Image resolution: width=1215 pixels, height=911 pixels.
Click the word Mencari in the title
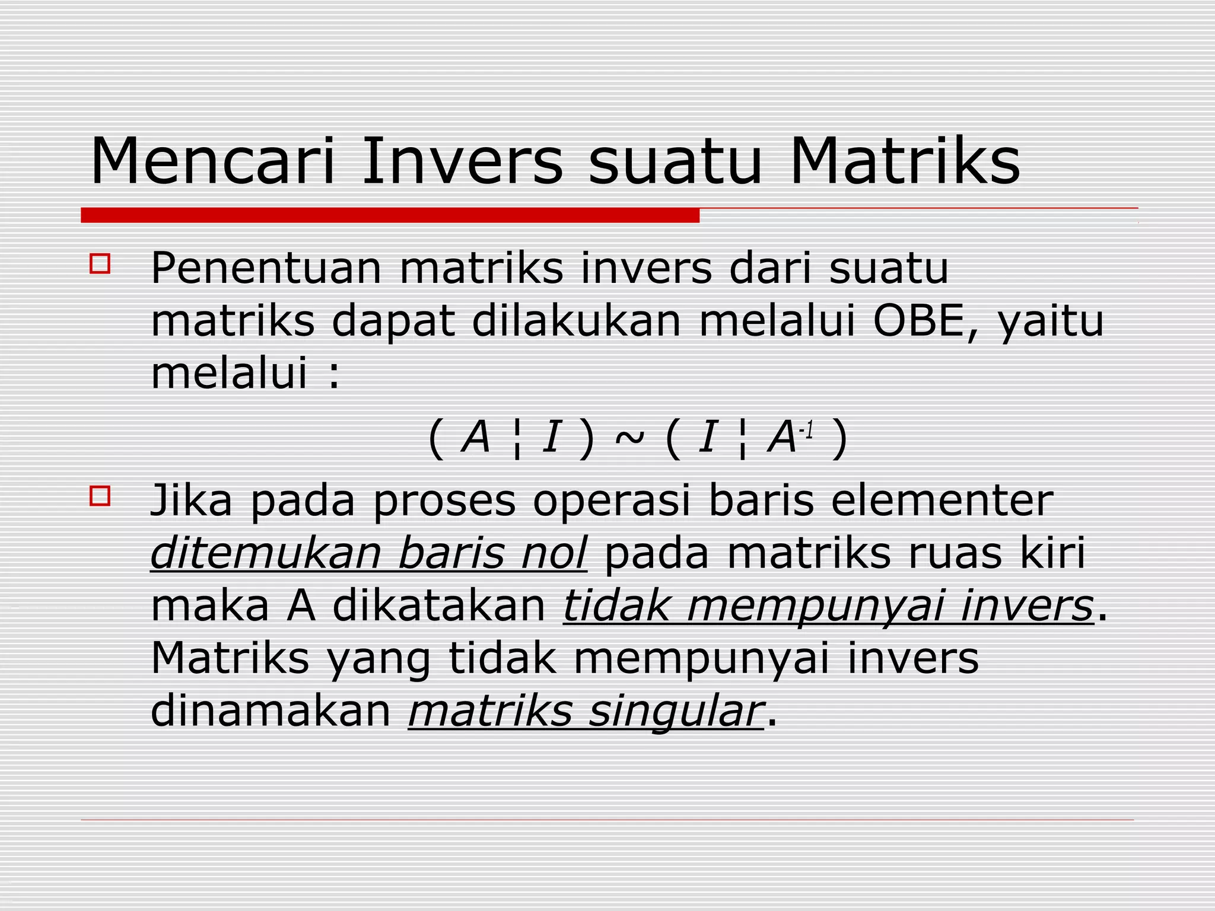point(213,161)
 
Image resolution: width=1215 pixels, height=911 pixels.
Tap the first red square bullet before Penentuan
point(100,264)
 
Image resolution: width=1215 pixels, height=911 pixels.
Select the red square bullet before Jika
point(100,495)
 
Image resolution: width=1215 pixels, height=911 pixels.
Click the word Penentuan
point(266,269)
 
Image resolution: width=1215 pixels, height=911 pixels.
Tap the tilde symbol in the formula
point(629,438)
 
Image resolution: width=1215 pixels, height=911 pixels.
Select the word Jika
point(191,500)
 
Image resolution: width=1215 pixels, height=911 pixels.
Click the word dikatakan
point(438,606)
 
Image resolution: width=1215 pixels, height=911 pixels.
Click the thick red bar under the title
point(390,215)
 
